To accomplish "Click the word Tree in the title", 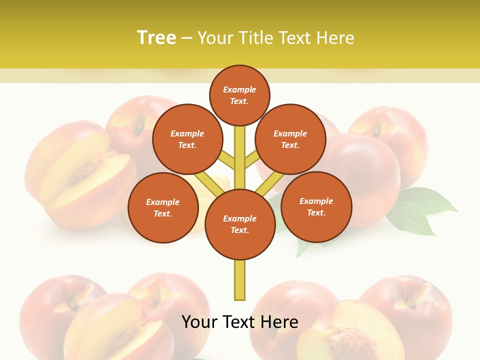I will coord(156,37).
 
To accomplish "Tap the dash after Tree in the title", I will coord(186,38).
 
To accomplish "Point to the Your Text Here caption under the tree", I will coord(239,322).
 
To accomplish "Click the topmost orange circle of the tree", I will coord(239,95).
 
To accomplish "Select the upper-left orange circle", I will coord(187,139).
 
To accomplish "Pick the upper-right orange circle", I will coord(290,139).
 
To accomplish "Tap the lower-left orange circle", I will coord(163,207).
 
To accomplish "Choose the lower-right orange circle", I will coord(316,206).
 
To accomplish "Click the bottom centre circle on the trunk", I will coord(240,224).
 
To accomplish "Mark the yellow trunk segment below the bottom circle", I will coord(240,280).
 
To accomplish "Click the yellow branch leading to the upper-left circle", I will coord(227,160).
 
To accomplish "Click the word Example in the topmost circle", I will coord(239,89).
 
